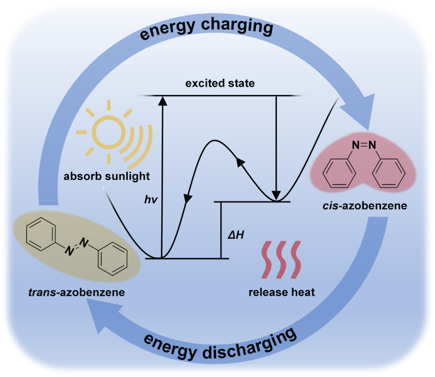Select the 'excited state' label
point(220,83)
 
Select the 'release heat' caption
point(282,292)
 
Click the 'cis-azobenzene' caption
point(365,206)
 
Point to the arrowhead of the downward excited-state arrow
point(276,195)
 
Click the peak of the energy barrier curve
point(214,140)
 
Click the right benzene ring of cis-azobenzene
point(389,173)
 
